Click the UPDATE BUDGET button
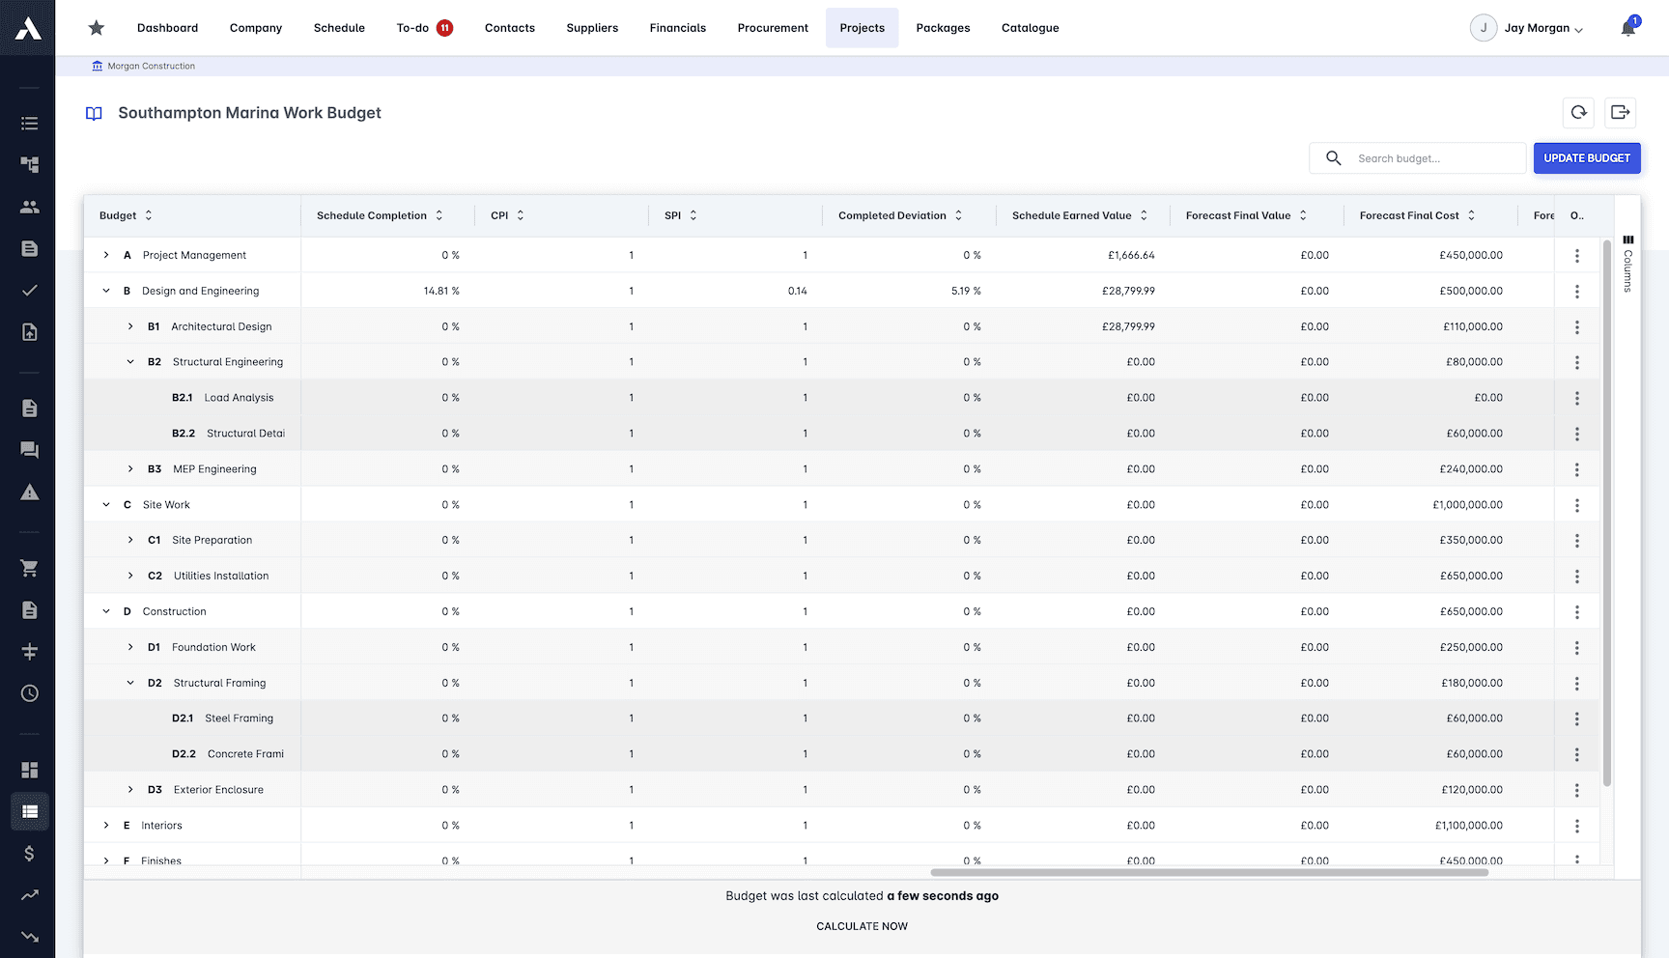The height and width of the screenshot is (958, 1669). point(1586,158)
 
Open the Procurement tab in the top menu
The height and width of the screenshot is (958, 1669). point(773,28)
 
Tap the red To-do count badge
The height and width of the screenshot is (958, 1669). point(445,28)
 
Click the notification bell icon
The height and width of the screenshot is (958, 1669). point(1627,28)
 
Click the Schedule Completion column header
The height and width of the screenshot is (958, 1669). point(372,215)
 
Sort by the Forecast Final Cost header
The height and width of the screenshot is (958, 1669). point(1409,215)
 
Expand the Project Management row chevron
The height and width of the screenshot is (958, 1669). point(106,255)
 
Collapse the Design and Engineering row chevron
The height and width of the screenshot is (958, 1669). point(106,291)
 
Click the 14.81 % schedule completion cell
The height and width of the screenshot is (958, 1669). point(441,291)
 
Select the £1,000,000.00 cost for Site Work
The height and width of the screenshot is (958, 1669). point(1467,505)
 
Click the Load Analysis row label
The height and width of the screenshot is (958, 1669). point(239,398)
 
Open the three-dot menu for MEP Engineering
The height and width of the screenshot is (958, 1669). point(1576,469)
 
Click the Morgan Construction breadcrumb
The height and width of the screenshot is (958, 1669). point(151,66)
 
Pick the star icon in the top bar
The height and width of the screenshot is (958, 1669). point(97,28)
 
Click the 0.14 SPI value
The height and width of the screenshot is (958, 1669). point(797,291)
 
